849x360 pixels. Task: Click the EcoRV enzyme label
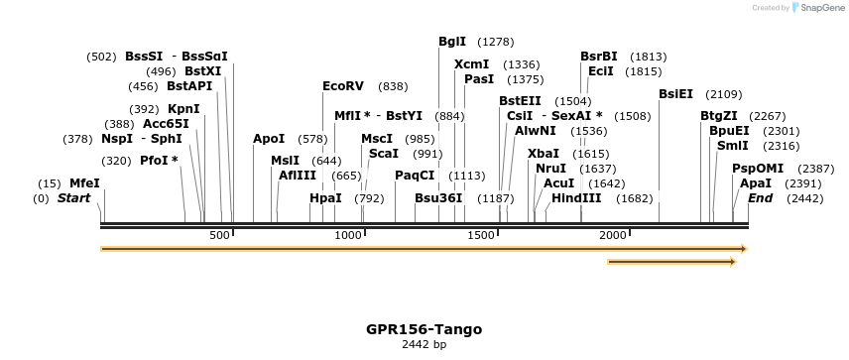343,86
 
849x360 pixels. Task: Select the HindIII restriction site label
576,198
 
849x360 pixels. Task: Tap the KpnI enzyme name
183,108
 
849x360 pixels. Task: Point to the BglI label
452,42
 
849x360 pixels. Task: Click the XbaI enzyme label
543,154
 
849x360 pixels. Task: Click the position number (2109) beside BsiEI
723,94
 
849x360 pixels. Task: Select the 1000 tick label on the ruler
348,234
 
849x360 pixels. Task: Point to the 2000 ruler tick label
613,234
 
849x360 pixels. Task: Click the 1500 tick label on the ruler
481,234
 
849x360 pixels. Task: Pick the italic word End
760,198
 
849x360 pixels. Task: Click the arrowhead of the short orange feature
732,262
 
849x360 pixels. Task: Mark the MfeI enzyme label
84,183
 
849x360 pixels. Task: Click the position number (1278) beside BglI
495,42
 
